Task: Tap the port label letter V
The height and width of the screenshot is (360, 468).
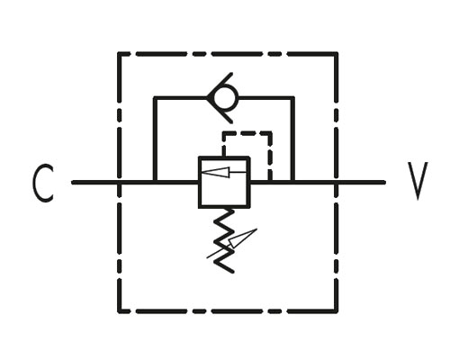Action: coord(418,181)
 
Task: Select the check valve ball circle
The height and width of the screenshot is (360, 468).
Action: coord(226,97)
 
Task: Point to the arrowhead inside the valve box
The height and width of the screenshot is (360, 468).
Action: coord(216,172)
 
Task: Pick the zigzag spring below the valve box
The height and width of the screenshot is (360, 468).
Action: coord(224,241)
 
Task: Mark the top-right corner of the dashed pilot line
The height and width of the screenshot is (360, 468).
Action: coord(270,133)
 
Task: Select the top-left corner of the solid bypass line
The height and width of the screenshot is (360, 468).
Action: coord(155,98)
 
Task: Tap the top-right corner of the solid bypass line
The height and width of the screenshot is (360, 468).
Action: coord(292,98)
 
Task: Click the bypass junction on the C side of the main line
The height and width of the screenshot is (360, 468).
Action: coord(155,182)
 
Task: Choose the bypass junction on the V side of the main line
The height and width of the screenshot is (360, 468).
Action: coord(292,182)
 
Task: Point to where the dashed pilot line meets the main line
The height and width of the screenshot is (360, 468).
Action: coord(270,182)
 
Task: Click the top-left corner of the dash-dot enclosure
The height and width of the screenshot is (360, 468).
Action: coord(119,54)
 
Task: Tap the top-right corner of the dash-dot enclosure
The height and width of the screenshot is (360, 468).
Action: coord(337,54)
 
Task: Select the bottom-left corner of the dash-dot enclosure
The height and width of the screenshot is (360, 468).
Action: coord(119,311)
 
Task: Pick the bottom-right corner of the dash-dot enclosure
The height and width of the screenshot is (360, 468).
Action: coord(337,311)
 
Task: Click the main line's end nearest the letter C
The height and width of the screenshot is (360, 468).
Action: coord(73,182)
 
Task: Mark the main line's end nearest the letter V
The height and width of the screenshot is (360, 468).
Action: coord(384,182)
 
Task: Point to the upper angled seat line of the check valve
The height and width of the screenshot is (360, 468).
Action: coord(220,85)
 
